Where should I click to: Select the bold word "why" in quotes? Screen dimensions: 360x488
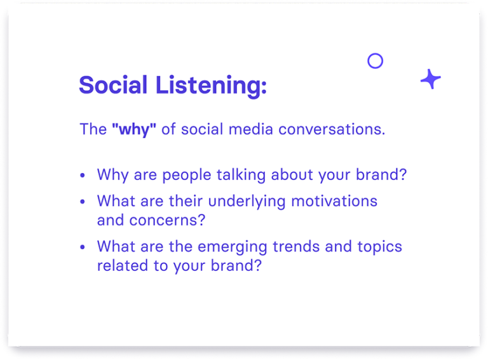coord(133,130)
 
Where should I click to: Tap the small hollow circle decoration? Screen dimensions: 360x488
coord(376,61)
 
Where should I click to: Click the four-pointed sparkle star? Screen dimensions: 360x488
coord(430,80)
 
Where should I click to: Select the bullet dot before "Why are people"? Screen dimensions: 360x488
coord(83,176)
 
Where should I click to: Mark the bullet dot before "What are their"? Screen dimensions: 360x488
coord(83,202)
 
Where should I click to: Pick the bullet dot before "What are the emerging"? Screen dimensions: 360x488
coord(83,246)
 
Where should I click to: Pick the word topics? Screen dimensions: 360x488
coord(379,247)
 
